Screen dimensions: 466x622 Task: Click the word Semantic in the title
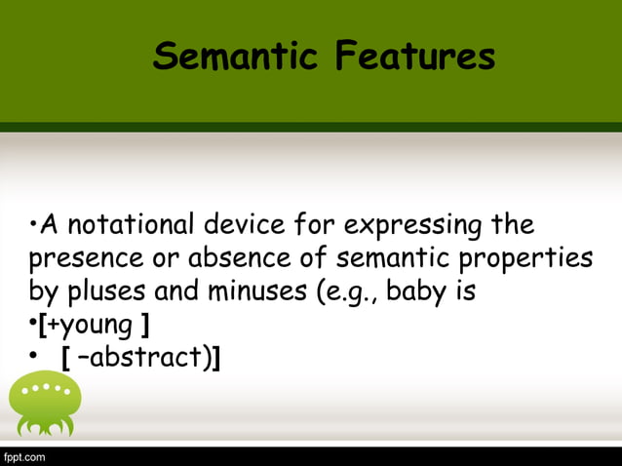[x=236, y=58]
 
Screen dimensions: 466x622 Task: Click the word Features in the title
[x=414, y=58]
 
